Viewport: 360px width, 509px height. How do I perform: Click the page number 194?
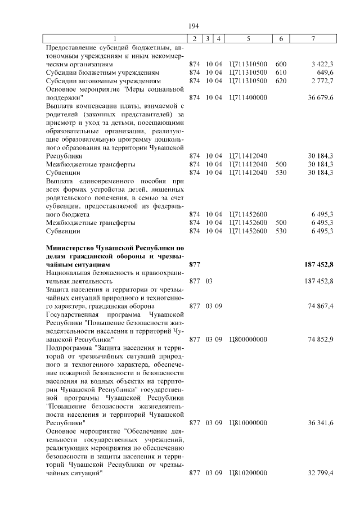(x=193, y=26)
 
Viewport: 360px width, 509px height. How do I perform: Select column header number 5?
(x=248, y=39)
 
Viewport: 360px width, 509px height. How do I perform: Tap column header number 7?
(x=313, y=39)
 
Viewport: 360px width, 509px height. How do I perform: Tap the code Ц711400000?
(x=248, y=98)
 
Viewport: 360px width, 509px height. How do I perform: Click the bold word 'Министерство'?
(x=71, y=247)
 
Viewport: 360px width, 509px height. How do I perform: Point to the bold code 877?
(x=195, y=264)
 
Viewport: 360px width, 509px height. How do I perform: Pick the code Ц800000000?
(x=248, y=339)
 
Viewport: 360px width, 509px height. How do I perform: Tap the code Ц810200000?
(x=248, y=474)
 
